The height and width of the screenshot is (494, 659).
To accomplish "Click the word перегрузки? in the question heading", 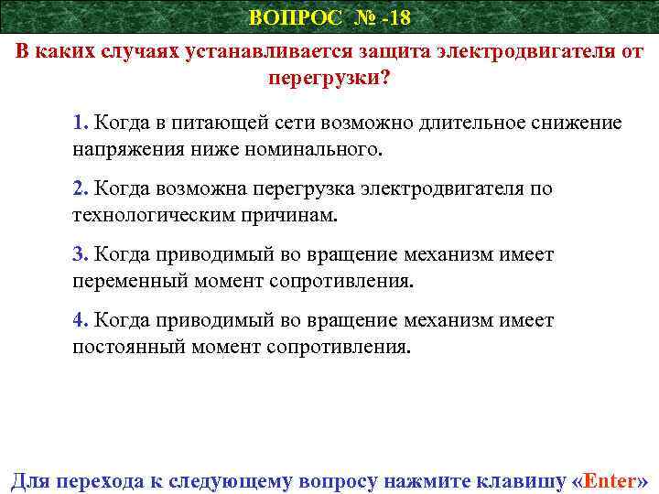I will click(x=329, y=78).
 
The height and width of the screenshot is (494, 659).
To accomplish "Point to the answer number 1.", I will click(x=80, y=123).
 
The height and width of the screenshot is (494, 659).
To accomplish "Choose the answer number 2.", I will click(x=80, y=188).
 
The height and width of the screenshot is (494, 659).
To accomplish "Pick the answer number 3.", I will click(x=80, y=254).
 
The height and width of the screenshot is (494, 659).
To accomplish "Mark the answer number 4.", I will click(x=80, y=320).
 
